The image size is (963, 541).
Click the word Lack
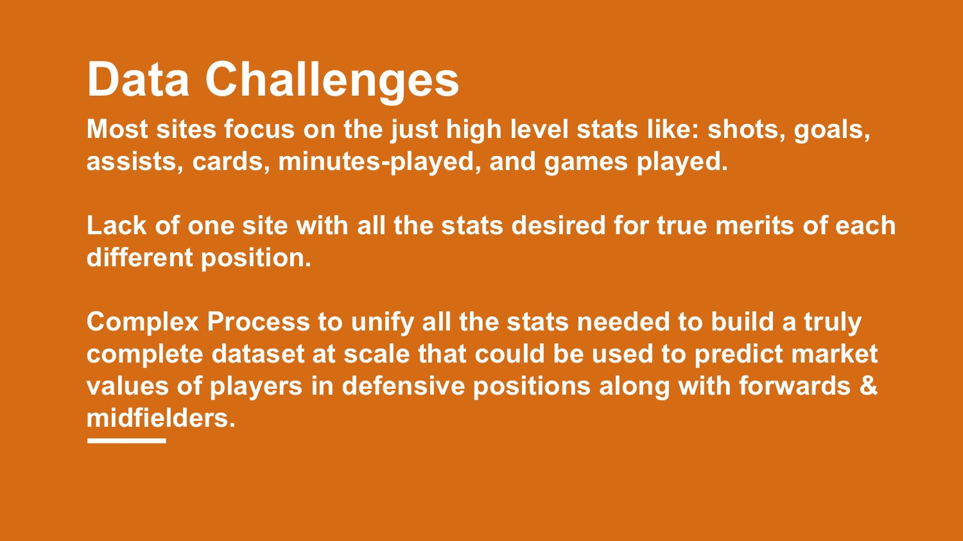pyautogui.click(x=116, y=225)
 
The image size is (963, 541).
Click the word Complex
pyautogui.click(x=143, y=323)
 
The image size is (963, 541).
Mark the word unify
pyautogui.click(x=383, y=323)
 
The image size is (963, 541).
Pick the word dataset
pyautogui.click(x=257, y=354)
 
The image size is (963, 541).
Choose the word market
pyautogui.click(x=835, y=354)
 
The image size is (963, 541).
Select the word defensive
pyautogui.click(x=403, y=386)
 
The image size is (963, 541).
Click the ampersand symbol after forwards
pyautogui.click(x=868, y=386)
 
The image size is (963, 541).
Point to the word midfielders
pyautogui.click(x=161, y=418)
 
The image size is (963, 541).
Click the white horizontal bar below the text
pyautogui.click(x=126, y=440)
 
